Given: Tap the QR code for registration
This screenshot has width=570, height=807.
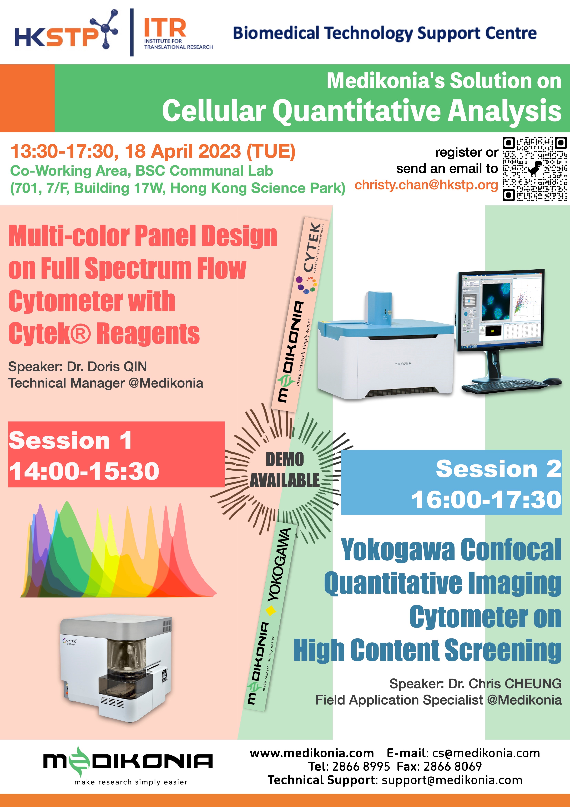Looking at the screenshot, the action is (x=534, y=169).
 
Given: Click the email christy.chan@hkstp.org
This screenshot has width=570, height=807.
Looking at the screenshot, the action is (x=426, y=185).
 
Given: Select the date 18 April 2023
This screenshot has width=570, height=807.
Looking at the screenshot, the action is (x=183, y=151).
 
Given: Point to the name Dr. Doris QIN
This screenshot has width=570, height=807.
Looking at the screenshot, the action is (x=107, y=367).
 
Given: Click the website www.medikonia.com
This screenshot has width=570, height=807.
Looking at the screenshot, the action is (x=312, y=753).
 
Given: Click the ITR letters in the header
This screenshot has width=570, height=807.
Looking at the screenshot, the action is (x=165, y=28).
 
